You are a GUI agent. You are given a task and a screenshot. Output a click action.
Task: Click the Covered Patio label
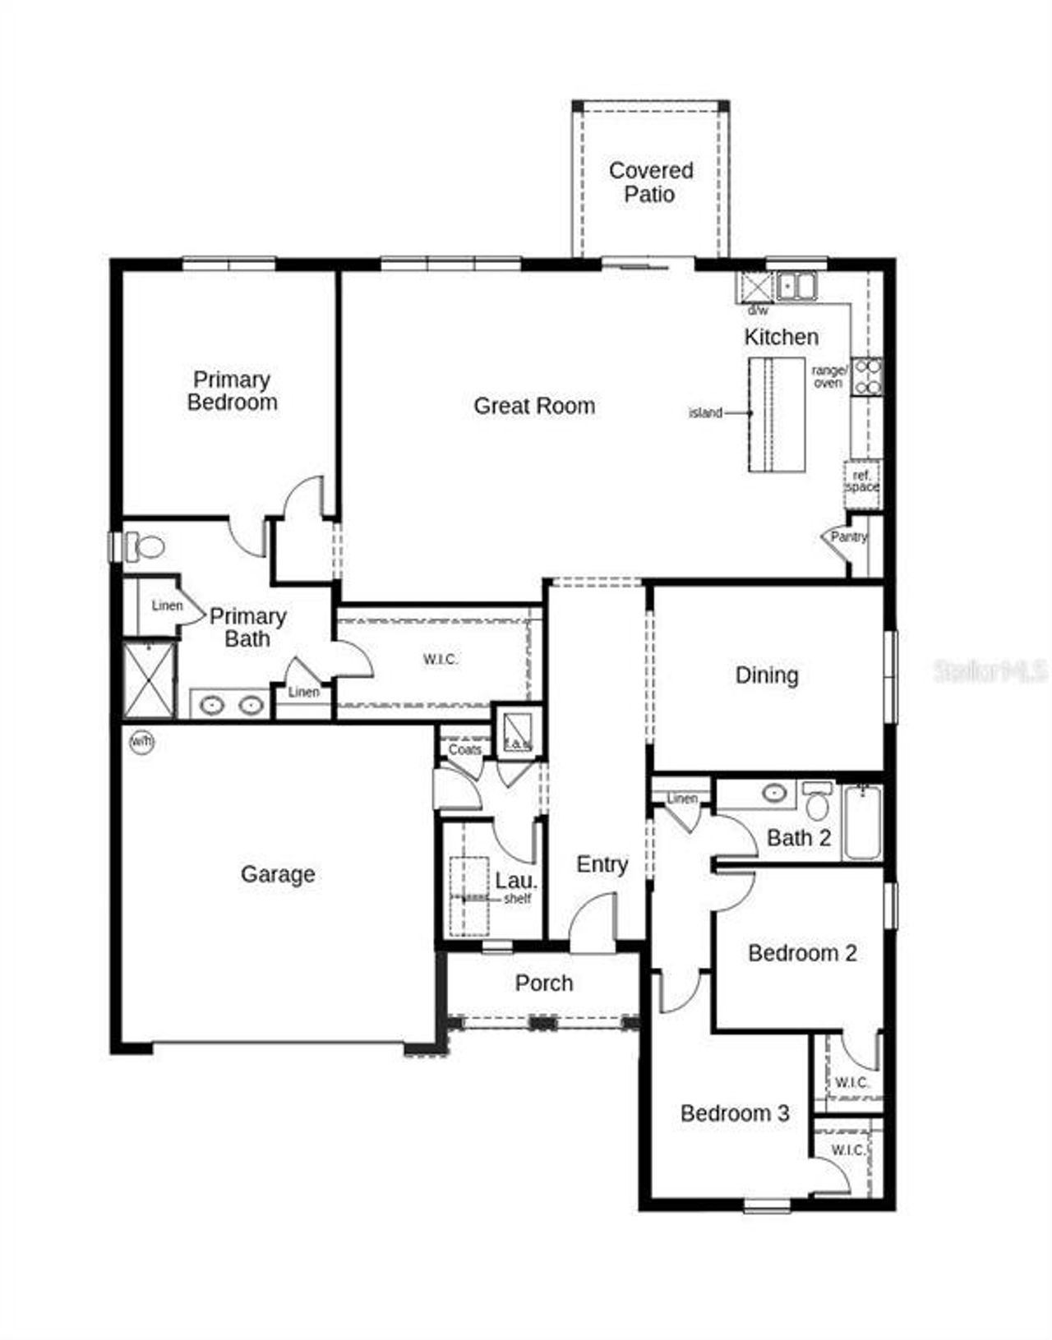[650, 182]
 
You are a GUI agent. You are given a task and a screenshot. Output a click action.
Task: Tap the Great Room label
[534, 406]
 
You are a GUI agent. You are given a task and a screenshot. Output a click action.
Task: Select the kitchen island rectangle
[776, 415]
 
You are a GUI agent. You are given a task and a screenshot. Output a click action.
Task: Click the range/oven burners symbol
[867, 376]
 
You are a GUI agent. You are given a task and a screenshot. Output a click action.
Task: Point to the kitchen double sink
[796, 286]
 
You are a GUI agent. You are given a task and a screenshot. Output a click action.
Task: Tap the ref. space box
[862, 481]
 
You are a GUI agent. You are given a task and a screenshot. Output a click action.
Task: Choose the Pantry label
[848, 536]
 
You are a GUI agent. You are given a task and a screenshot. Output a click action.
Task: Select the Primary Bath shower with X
[149, 679]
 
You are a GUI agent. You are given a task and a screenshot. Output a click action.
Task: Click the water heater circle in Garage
[142, 742]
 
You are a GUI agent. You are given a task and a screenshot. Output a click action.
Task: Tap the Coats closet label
[464, 749]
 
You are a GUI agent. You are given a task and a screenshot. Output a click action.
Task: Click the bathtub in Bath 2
[862, 822]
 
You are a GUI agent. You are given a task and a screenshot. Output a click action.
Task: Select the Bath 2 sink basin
[774, 793]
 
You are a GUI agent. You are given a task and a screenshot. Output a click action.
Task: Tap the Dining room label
[766, 675]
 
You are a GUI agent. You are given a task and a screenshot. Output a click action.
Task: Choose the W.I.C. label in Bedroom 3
[847, 1150]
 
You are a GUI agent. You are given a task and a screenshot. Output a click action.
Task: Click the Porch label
[543, 983]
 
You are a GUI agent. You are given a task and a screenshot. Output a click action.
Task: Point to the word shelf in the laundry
[517, 899]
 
